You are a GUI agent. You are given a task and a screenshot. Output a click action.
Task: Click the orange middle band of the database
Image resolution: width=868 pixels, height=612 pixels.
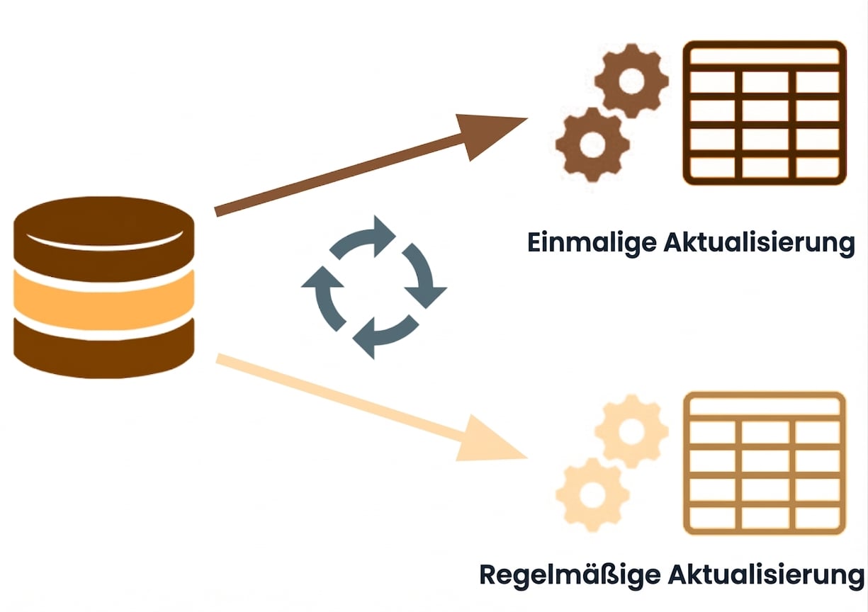coord(104,300)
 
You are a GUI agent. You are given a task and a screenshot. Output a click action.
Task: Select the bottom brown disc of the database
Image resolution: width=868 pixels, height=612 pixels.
coord(104,348)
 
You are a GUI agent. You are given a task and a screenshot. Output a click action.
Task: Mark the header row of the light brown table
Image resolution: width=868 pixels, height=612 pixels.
coord(765,407)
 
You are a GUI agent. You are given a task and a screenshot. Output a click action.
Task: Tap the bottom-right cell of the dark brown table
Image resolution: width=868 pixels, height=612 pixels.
coord(817,167)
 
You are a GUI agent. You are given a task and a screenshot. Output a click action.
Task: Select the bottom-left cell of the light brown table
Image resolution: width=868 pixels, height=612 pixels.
coord(713,518)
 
